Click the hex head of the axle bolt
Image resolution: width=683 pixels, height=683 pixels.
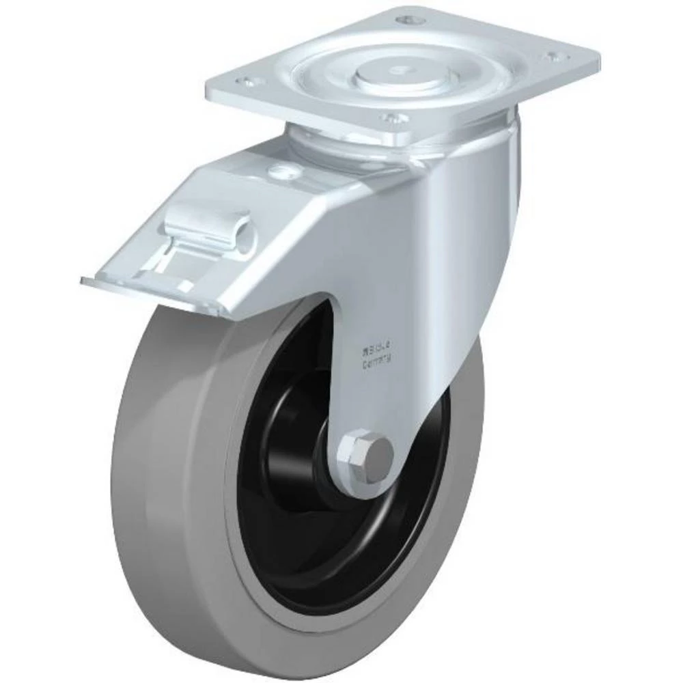[x=373, y=454]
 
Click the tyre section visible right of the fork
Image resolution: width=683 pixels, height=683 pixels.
[x=471, y=423]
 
